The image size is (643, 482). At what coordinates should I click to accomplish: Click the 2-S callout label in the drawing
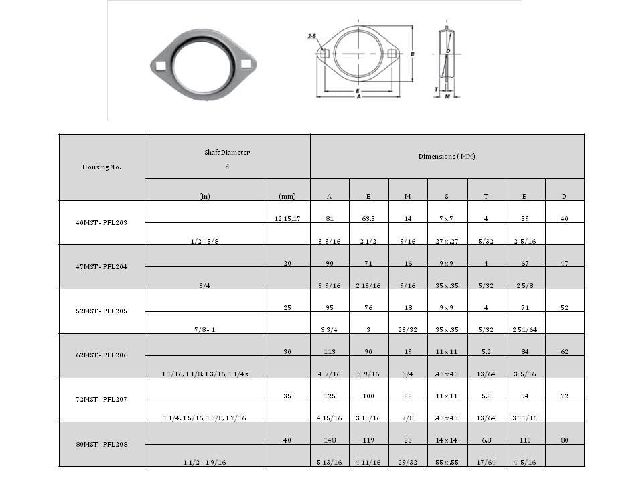click(x=312, y=38)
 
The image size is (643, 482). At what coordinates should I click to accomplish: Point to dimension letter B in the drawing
click(x=413, y=53)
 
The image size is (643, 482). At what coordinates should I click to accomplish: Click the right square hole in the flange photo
click(x=246, y=64)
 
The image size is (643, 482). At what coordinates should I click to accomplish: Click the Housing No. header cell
click(x=102, y=167)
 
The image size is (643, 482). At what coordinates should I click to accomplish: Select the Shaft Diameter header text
click(x=227, y=153)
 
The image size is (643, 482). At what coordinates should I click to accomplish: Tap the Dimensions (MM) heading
click(x=447, y=156)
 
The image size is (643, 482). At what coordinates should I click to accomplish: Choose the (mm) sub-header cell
click(x=287, y=196)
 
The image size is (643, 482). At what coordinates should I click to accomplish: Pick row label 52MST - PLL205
click(x=102, y=311)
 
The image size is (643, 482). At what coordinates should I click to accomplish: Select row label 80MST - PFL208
click(x=102, y=444)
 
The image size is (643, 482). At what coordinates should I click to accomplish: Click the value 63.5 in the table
click(x=368, y=218)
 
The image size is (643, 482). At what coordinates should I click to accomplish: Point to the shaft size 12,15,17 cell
click(x=287, y=218)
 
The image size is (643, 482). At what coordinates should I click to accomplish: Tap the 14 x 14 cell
click(x=447, y=440)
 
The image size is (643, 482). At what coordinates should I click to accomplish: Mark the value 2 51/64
click(x=525, y=329)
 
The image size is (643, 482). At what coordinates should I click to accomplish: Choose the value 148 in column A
click(x=329, y=440)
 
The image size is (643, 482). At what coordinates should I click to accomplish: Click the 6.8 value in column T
click(x=486, y=440)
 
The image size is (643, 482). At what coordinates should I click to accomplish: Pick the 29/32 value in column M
click(x=408, y=462)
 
